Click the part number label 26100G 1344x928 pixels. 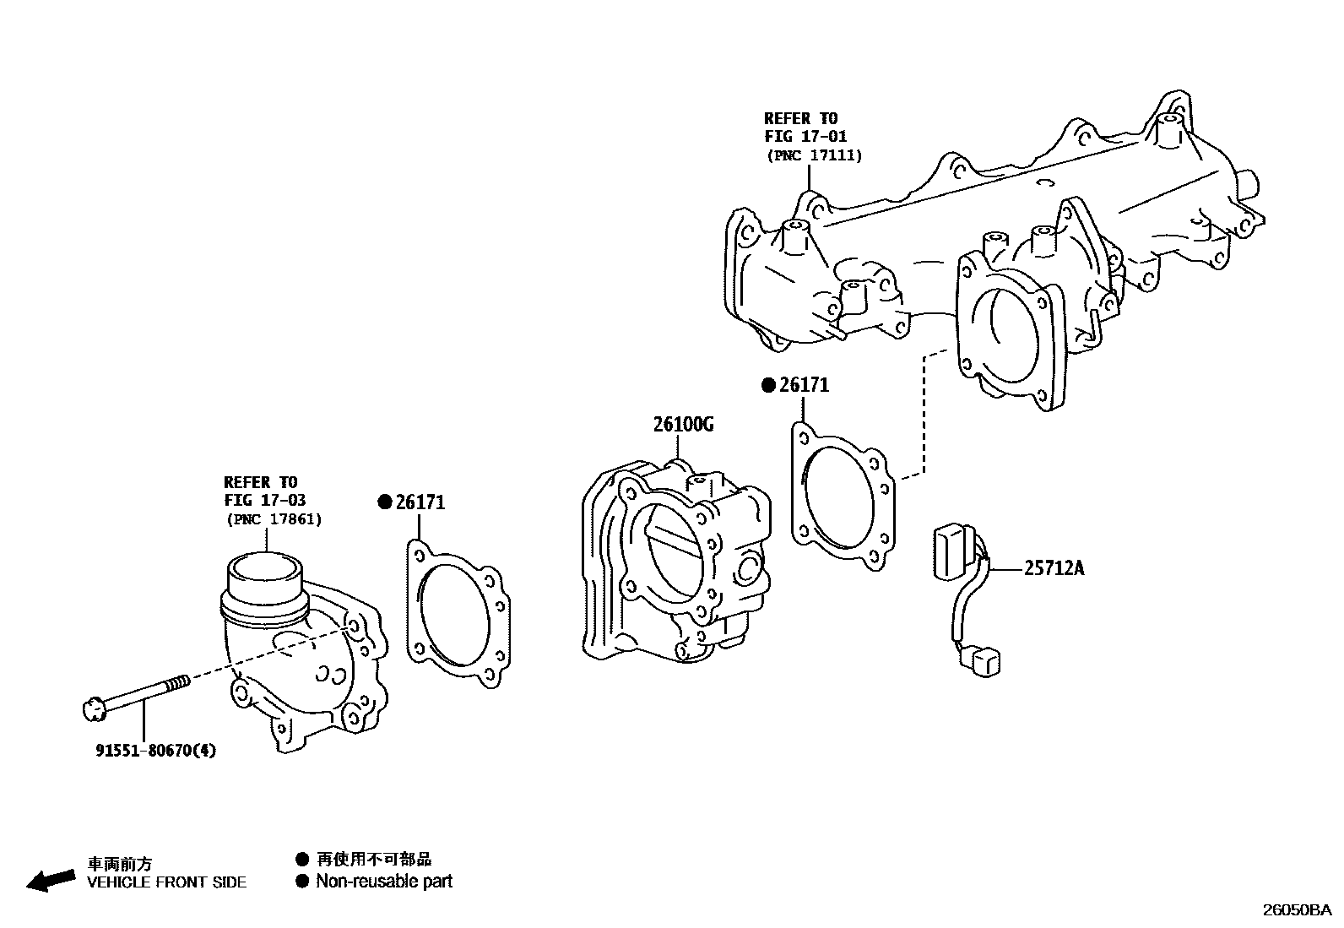pos(682,424)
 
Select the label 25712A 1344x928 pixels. pos(1054,568)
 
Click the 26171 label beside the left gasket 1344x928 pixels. pos(420,502)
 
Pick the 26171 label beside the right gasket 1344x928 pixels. pos(804,385)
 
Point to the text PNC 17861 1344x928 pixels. pos(274,519)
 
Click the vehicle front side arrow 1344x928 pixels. pos(50,880)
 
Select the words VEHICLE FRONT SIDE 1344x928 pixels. pos(167,882)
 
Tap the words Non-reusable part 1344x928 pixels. pos(383,882)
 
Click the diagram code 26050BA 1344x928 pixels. pos(1297,909)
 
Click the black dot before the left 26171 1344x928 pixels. pos(385,503)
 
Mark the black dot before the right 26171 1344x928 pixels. pos(768,386)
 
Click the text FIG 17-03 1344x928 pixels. pos(264,501)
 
